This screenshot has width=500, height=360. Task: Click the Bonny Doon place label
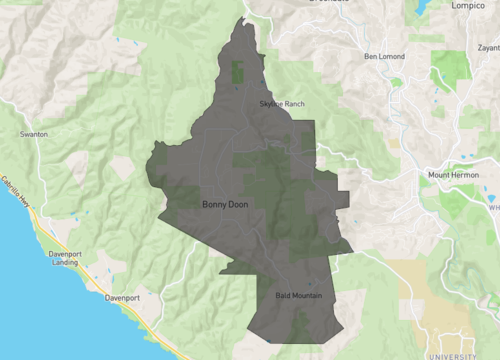pos(225,205)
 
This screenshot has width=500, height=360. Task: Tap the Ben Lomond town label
pos(387,56)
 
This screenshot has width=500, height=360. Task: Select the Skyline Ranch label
pos(281,105)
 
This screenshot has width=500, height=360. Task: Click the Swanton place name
pos(35,133)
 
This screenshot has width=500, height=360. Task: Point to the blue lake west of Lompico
pos(417,7)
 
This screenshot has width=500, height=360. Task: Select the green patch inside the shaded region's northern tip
pos(238,72)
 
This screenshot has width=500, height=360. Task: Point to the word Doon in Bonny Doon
pos(237,205)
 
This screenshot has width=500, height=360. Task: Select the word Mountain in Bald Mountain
pos(309,296)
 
